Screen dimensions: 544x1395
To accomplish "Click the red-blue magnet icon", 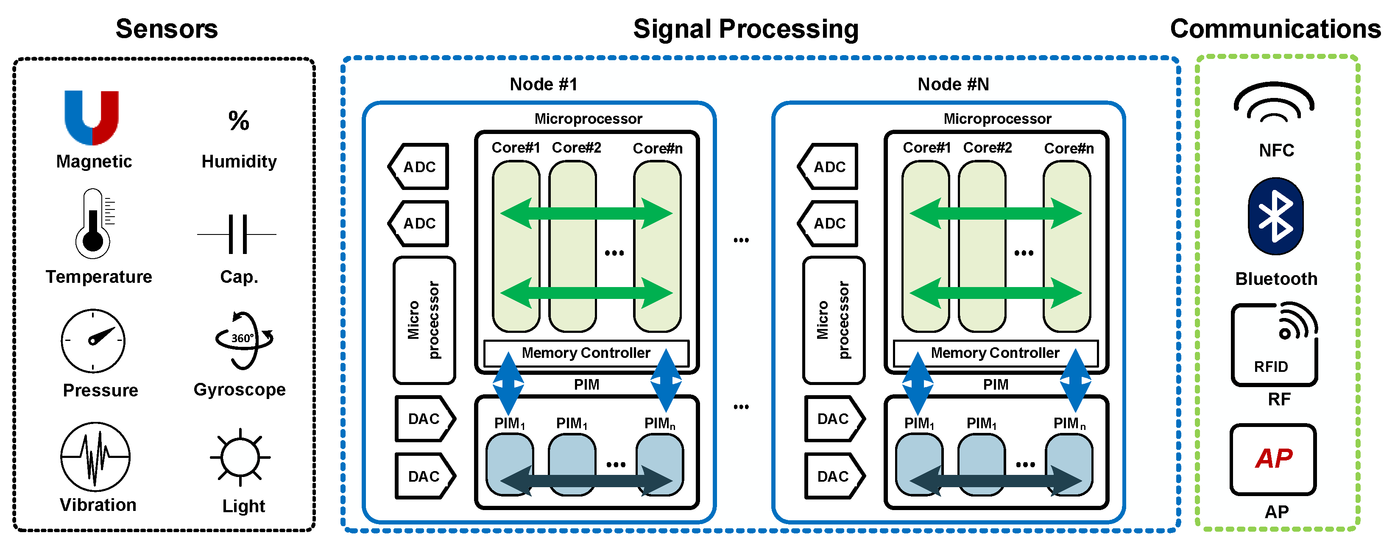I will [x=92, y=117].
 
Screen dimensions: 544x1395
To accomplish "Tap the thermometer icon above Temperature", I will [x=93, y=223].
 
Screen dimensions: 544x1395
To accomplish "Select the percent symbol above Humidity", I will [x=239, y=120].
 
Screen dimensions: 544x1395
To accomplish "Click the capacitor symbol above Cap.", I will [x=237, y=234].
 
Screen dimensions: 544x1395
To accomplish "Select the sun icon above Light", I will [x=240, y=458].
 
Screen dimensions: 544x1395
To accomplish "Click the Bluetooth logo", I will [x=1275, y=217].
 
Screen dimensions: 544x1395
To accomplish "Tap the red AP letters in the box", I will [x=1274, y=458].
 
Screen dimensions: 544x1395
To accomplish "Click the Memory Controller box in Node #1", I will [x=586, y=353].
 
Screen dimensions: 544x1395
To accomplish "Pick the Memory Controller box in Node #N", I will [x=995, y=353].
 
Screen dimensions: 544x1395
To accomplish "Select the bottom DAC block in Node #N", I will [x=834, y=476].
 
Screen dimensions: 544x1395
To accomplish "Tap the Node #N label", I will [x=953, y=84].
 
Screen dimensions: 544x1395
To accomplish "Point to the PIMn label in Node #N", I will [x=1069, y=423].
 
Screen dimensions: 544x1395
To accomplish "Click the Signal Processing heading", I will [x=746, y=29].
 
